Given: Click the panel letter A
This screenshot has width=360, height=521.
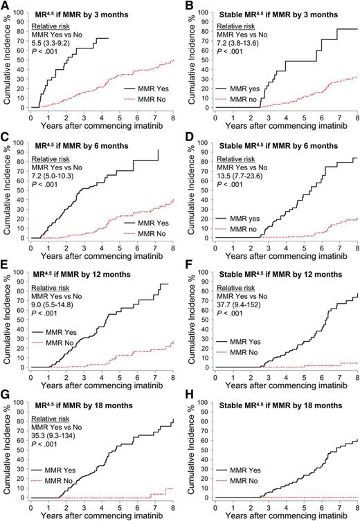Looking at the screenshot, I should point(6,6).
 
